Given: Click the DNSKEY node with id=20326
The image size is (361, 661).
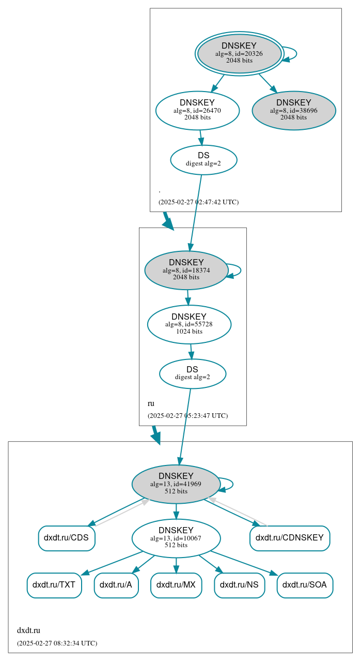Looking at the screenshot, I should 239,53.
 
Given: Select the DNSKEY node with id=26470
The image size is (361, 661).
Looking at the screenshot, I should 197,110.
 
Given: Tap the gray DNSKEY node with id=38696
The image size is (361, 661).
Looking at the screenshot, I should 294,110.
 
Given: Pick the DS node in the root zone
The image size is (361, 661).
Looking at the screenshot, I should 203,159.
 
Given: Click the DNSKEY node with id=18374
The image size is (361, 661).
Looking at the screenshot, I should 186,270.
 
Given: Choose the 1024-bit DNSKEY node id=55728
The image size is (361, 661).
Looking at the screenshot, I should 189,324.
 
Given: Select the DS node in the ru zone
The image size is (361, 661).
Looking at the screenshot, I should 193,373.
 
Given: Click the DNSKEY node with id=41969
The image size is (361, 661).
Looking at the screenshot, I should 176,484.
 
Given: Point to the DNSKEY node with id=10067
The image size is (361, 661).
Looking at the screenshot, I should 176,538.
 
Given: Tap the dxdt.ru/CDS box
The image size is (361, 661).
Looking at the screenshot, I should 67,538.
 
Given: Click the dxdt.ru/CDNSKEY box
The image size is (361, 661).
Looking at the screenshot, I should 290,538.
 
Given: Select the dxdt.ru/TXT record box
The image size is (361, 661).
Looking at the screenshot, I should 54,585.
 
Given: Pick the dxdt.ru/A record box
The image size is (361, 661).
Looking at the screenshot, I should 116,585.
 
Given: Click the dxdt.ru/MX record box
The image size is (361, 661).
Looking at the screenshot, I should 176,585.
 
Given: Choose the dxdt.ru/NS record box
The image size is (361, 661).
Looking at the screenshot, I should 239,585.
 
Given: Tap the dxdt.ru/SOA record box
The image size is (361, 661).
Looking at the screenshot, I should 305,585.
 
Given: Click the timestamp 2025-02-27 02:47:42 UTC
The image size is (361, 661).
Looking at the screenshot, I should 199,202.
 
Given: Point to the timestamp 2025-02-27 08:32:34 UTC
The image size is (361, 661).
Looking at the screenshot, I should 57,643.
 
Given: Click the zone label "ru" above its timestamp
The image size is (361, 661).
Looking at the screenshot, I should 151,403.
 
